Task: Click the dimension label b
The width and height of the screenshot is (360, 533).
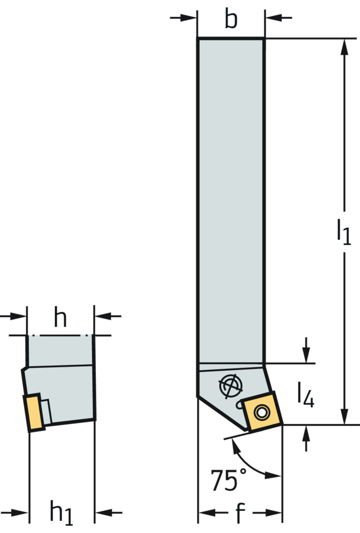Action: tap(231, 20)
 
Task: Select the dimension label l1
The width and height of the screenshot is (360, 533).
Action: tap(343, 232)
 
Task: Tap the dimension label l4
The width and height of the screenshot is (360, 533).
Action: tap(305, 396)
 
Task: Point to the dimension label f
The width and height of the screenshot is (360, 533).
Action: tap(240, 513)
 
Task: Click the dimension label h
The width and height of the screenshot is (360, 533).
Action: tap(60, 316)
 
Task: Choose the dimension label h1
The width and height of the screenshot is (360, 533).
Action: tap(62, 513)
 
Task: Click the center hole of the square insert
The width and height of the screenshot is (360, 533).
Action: tap(260, 413)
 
